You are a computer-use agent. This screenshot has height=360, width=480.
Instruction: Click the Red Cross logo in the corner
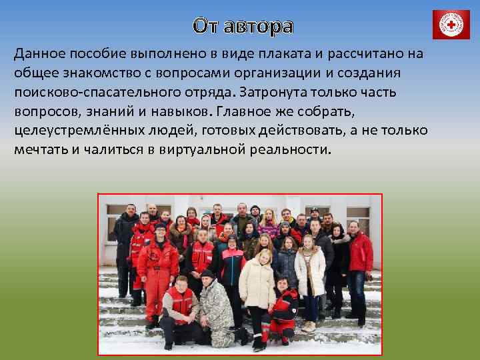(x=451, y=25)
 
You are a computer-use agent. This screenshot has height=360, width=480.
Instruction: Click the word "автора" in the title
(x=258, y=26)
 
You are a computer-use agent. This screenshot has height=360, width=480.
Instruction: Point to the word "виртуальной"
(x=202, y=149)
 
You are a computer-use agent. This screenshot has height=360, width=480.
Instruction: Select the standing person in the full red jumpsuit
(x=157, y=267)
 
